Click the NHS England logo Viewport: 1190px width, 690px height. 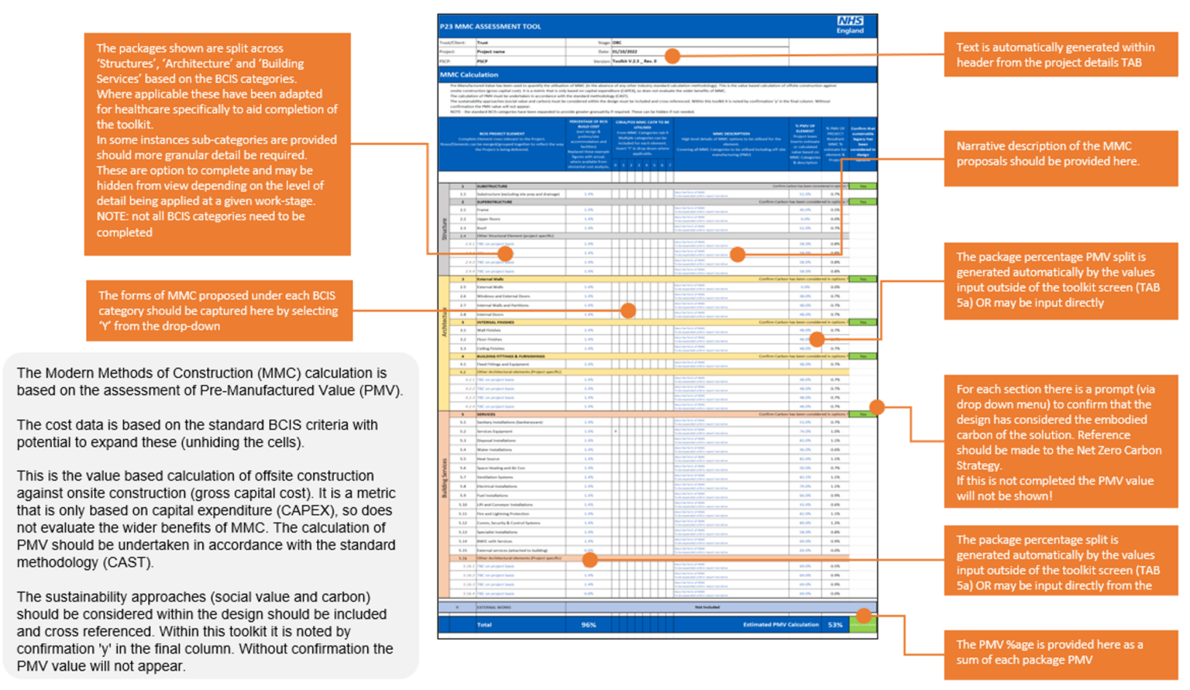click(x=850, y=25)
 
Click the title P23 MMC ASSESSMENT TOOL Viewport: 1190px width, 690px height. click(x=490, y=26)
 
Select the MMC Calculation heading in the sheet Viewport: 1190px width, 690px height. click(x=469, y=75)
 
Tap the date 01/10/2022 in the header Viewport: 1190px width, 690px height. click(x=627, y=52)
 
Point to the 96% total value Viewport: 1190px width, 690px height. click(x=589, y=625)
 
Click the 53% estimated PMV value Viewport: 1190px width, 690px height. click(x=835, y=625)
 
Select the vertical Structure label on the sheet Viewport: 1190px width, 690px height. click(x=445, y=229)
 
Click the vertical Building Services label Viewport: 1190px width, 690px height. click(x=445, y=478)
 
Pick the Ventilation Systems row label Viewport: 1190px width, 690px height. click(x=495, y=477)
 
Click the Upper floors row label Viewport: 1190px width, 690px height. click(x=489, y=219)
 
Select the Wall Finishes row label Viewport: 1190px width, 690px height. click(x=490, y=331)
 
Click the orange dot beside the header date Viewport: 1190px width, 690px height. click(x=672, y=56)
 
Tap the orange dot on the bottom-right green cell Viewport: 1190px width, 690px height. click(x=863, y=616)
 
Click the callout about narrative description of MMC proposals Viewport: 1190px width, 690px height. click(x=1060, y=154)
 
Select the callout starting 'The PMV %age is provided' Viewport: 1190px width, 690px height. click(x=1060, y=653)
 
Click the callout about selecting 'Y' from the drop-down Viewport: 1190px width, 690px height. click(x=218, y=311)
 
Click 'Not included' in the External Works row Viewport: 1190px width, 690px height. click(x=707, y=607)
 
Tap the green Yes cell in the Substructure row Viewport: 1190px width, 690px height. click(x=862, y=187)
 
